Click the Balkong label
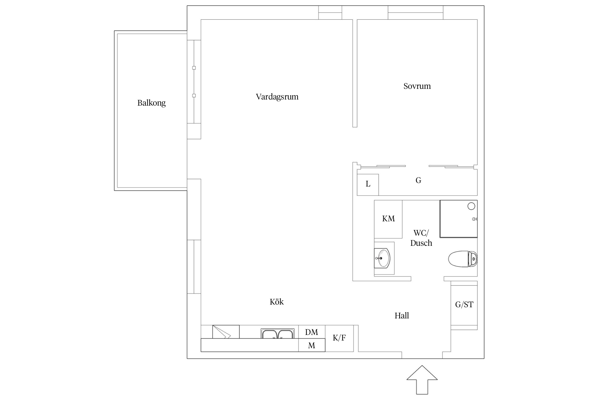click(x=151, y=103)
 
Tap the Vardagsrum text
click(x=277, y=97)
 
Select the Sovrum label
click(x=417, y=86)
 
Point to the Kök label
click(x=277, y=302)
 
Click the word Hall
click(x=402, y=315)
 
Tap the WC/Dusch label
click(x=421, y=238)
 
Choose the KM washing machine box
click(x=388, y=219)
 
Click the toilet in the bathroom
click(x=463, y=259)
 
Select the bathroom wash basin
click(x=382, y=258)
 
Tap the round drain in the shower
click(x=471, y=206)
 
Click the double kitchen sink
click(x=277, y=333)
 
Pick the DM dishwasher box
click(x=312, y=332)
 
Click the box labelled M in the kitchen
click(x=312, y=345)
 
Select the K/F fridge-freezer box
click(x=339, y=338)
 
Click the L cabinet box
click(x=368, y=185)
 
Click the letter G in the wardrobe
click(x=418, y=180)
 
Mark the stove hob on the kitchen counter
click(x=226, y=332)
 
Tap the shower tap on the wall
click(x=475, y=219)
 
